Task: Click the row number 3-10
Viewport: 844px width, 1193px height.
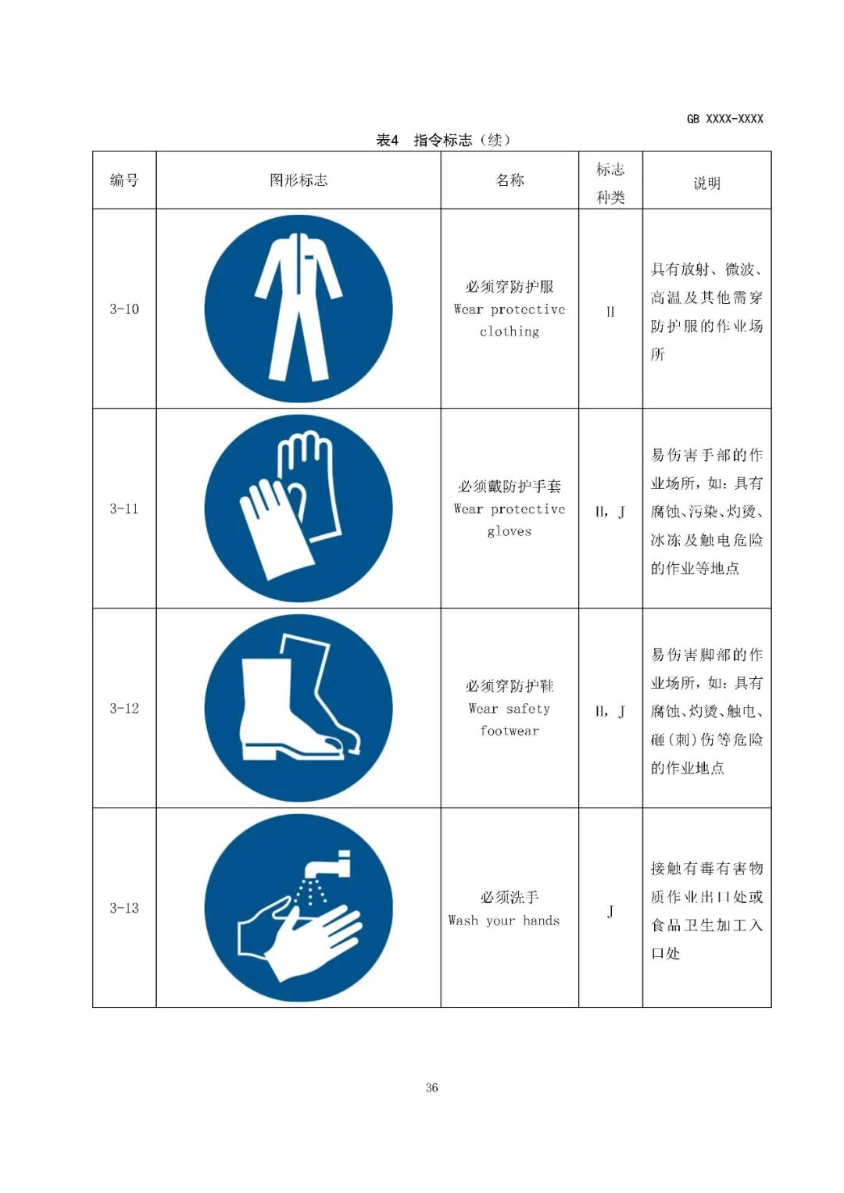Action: (x=124, y=309)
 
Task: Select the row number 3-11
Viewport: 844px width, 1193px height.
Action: (x=124, y=509)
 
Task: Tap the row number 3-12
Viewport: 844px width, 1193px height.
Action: (x=124, y=709)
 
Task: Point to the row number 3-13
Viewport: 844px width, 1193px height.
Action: (x=124, y=908)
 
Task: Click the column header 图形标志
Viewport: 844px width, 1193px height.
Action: (x=299, y=180)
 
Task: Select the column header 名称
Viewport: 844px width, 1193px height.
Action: (x=510, y=180)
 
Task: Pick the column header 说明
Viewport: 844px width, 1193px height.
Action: (x=706, y=184)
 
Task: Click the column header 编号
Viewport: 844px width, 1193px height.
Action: (x=124, y=180)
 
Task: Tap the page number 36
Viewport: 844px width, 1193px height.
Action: (x=431, y=1087)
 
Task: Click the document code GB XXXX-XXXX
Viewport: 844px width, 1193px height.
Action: (x=724, y=119)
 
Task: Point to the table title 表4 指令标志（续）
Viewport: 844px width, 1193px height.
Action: (x=443, y=140)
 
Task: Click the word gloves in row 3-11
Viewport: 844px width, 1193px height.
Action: (x=510, y=531)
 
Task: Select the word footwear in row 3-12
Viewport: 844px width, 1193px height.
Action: (x=510, y=730)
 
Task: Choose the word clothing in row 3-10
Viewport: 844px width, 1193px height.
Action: (x=510, y=331)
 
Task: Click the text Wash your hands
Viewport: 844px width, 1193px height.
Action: (x=504, y=920)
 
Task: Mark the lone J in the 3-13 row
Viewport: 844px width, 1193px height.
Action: (x=610, y=911)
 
